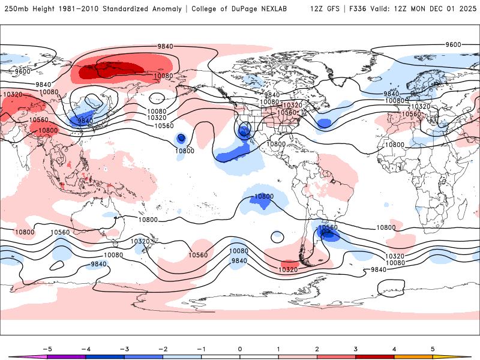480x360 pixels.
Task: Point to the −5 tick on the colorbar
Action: click(47, 348)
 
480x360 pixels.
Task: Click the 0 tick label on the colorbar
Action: click(240, 348)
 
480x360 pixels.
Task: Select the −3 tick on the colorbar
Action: click(124, 348)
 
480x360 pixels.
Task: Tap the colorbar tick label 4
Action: click(394, 348)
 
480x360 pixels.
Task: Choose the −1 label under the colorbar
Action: click(201, 348)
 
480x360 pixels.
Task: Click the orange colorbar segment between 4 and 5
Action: click(413, 356)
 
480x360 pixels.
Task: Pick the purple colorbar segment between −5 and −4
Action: click(67, 356)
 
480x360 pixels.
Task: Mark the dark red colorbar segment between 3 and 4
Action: click(375, 356)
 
